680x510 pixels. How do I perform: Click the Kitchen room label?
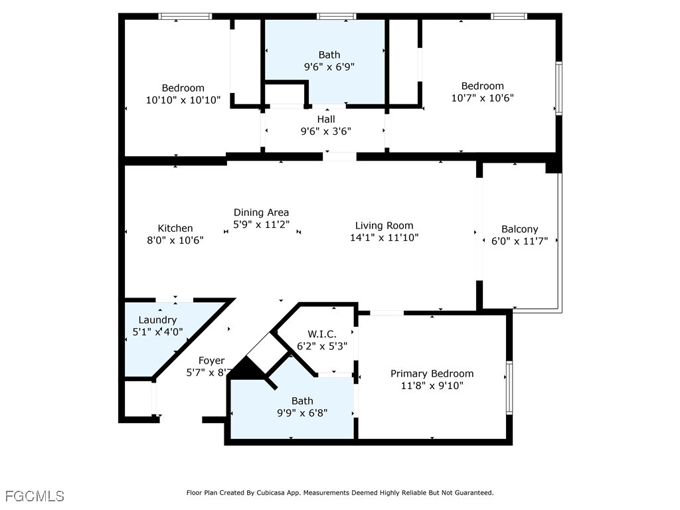(x=175, y=228)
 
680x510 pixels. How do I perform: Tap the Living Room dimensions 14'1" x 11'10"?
(x=384, y=238)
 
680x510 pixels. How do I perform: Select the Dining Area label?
(x=261, y=212)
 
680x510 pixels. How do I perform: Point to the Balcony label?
(x=519, y=229)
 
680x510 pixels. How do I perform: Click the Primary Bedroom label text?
(x=432, y=373)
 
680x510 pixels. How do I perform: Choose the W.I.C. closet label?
(x=322, y=334)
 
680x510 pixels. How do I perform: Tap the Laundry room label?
(x=157, y=320)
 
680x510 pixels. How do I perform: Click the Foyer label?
(x=212, y=361)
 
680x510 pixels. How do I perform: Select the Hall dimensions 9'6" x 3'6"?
(x=326, y=131)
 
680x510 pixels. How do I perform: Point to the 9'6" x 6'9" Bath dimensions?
(x=329, y=67)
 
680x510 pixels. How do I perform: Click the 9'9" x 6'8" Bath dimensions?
(x=302, y=413)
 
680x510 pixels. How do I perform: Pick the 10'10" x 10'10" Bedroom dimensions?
(x=183, y=100)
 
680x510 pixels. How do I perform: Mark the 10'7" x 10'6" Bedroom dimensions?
(x=483, y=98)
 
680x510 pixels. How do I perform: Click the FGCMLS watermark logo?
(x=35, y=496)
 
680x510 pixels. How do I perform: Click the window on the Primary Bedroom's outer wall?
(x=509, y=388)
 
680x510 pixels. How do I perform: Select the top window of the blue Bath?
(x=336, y=17)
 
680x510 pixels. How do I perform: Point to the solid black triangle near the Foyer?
(x=248, y=369)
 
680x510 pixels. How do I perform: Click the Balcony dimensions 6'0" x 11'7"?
(x=519, y=241)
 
